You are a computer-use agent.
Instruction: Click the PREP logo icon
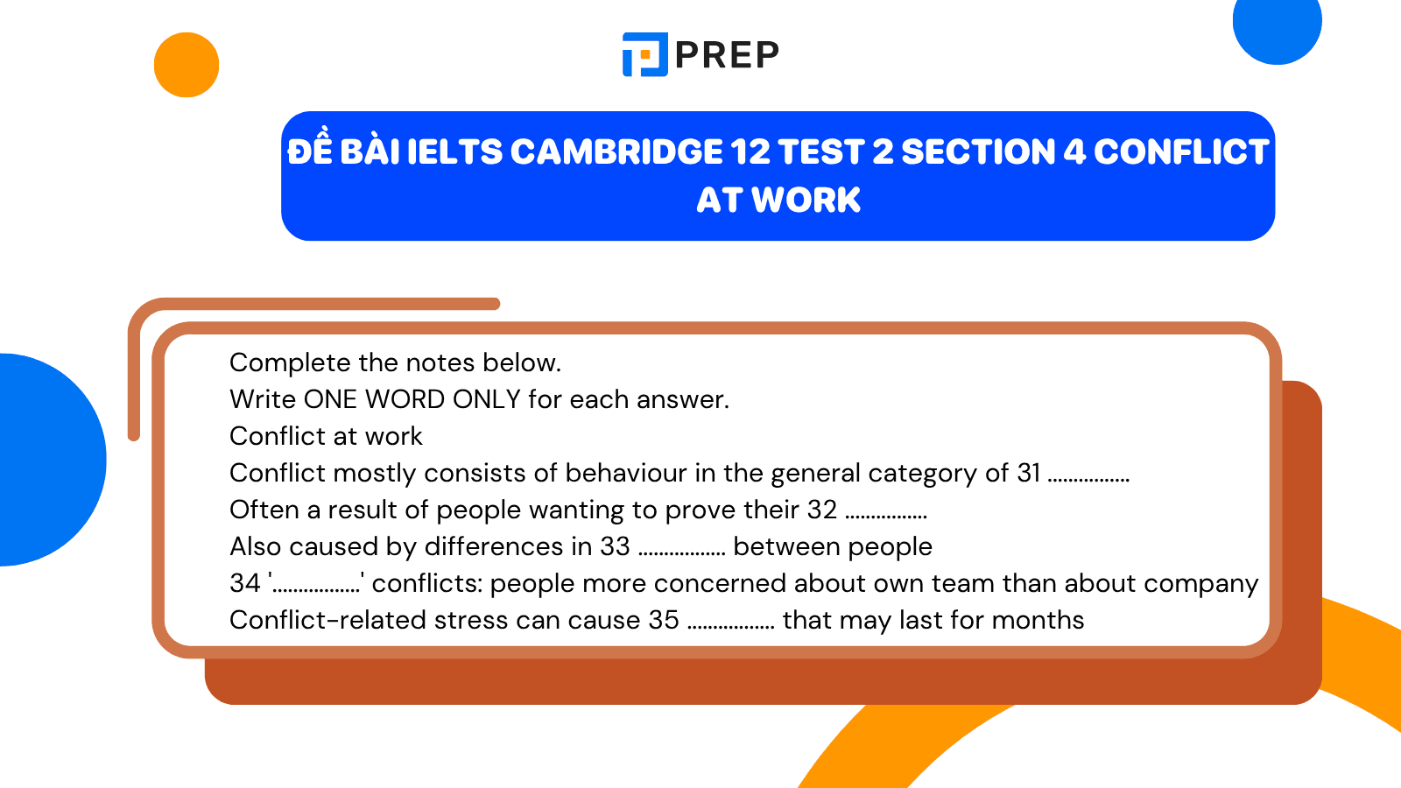(x=644, y=54)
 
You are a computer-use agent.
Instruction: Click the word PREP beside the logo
(x=727, y=55)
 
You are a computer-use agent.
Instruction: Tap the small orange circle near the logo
(x=187, y=65)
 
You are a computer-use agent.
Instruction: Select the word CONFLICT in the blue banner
(x=1180, y=152)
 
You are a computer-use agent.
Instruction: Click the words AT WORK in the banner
(x=778, y=201)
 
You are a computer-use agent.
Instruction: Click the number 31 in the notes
(x=1028, y=473)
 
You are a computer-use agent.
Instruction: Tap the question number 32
(x=822, y=510)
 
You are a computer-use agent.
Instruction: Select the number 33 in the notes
(x=615, y=546)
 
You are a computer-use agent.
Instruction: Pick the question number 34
(x=245, y=583)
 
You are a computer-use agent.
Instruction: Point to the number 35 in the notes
(x=664, y=620)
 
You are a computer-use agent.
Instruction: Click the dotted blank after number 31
(x=1088, y=479)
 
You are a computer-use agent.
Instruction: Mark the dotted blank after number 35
(x=731, y=626)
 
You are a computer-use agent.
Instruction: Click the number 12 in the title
(x=750, y=152)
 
